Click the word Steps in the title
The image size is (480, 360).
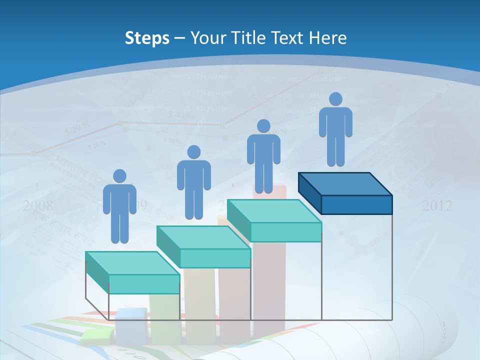147,38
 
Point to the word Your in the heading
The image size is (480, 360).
206,38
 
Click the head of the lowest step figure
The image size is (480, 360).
119,176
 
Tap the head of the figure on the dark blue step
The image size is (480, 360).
335,99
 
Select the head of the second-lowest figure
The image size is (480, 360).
193,152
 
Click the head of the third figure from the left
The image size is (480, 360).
263,126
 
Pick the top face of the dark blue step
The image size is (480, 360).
345,184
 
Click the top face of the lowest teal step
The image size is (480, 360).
132,263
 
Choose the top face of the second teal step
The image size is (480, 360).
203,237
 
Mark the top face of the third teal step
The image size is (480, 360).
274,211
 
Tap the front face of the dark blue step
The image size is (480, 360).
356,204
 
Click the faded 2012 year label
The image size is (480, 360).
437,205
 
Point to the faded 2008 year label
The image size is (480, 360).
38,205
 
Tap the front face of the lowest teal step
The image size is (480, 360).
144,284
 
